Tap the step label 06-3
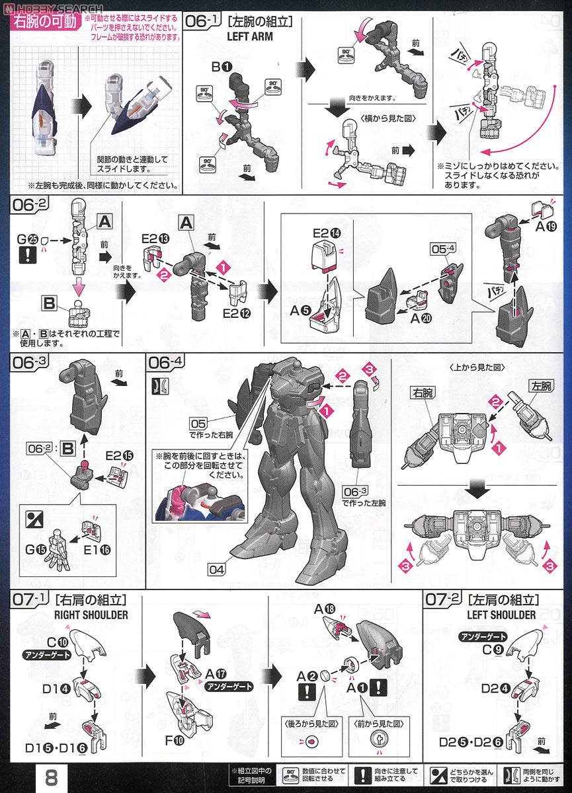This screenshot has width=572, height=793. click(32, 363)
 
